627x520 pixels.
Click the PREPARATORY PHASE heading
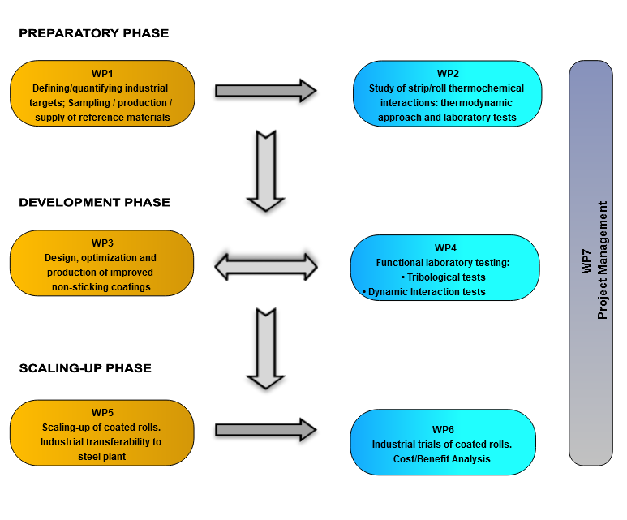pos(93,33)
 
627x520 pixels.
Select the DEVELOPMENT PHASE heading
pos(94,202)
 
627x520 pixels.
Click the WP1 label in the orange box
pos(102,73)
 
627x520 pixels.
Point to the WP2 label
pos(448,74)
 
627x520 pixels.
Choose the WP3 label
pos(102,243)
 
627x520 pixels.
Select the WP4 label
pos(445,247)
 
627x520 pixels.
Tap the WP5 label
pos(102,412)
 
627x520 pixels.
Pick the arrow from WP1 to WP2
pos(265,91)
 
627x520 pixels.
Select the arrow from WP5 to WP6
pos(265,431)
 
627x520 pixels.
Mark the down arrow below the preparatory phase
pos(265,171)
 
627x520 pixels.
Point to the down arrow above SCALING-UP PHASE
pos(265,346)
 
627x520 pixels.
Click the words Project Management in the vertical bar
pos(603,261)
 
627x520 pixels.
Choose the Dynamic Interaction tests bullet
pos(423,292)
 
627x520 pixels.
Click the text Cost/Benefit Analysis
pos(443,459)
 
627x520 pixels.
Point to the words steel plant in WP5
pos(102,457)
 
